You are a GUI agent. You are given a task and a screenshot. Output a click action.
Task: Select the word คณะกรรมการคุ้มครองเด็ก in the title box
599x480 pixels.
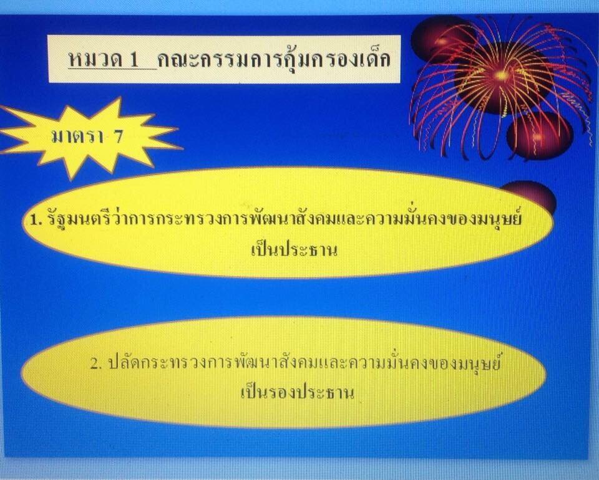274,60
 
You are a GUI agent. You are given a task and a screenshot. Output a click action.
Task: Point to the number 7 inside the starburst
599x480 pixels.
117,136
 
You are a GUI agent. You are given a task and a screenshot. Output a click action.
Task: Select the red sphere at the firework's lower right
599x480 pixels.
539,135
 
